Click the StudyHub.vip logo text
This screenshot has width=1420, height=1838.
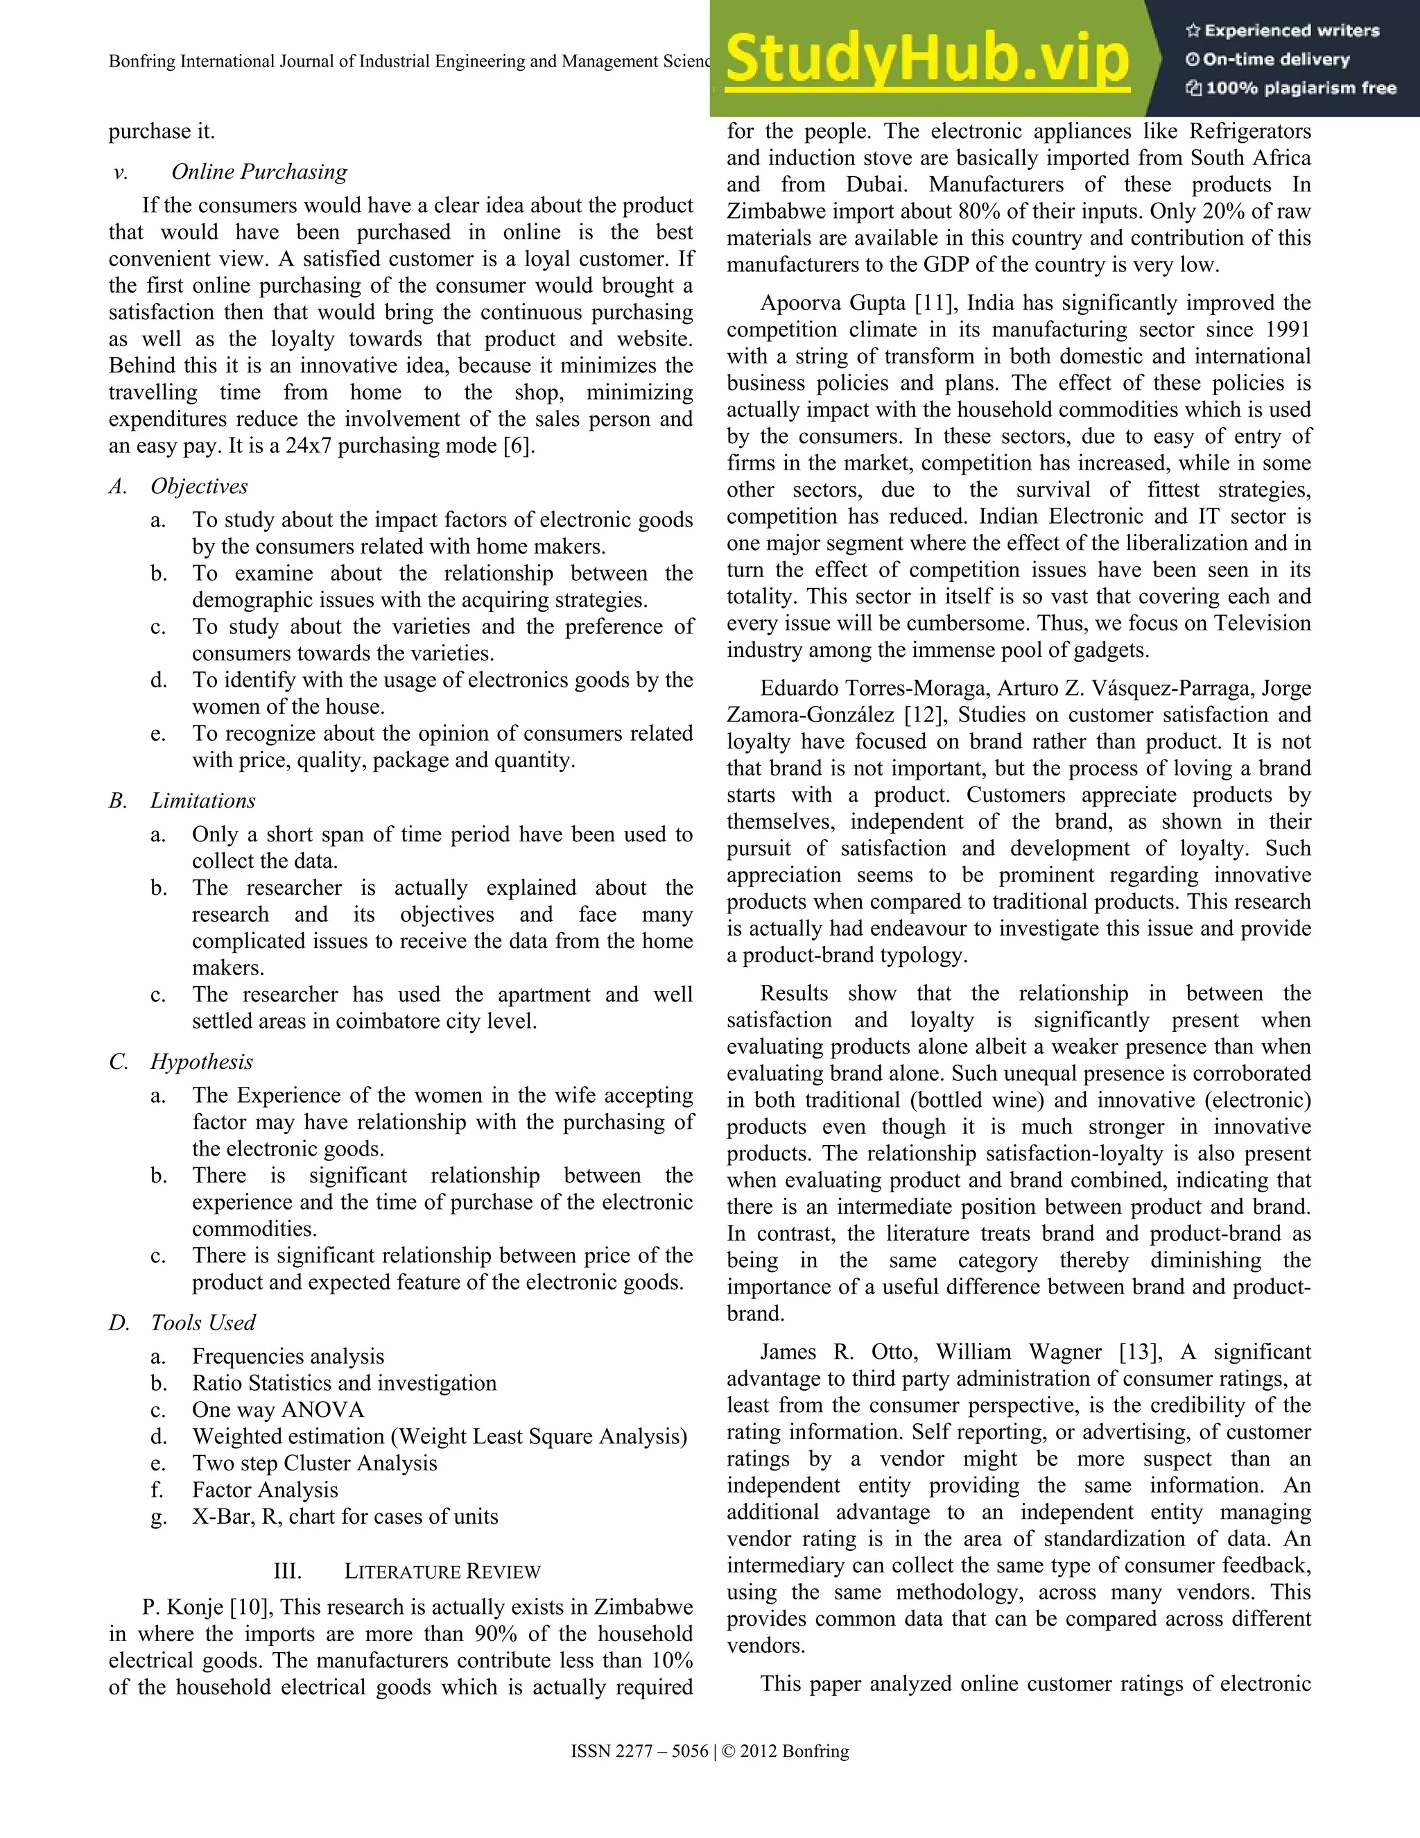click(926, 59)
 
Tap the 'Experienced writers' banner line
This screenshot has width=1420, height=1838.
click(1282, 31)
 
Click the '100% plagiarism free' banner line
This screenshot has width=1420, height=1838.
click(1290, 88)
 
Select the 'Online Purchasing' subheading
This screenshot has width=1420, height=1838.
click(259, 172)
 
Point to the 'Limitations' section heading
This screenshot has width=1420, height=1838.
click(202, 800)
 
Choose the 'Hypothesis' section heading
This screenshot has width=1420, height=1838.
click(201, 1061)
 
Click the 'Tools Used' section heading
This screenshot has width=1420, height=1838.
click(202, 1322)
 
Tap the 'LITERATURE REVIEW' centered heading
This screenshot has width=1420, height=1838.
click(442, 1571)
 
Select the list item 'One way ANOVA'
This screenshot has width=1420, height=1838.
click(277, 1409)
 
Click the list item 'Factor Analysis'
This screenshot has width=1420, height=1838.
click(264, 1490)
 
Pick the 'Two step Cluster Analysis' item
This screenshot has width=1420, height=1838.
click(314, 1463)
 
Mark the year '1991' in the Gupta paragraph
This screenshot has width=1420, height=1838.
click(1281, 330)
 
